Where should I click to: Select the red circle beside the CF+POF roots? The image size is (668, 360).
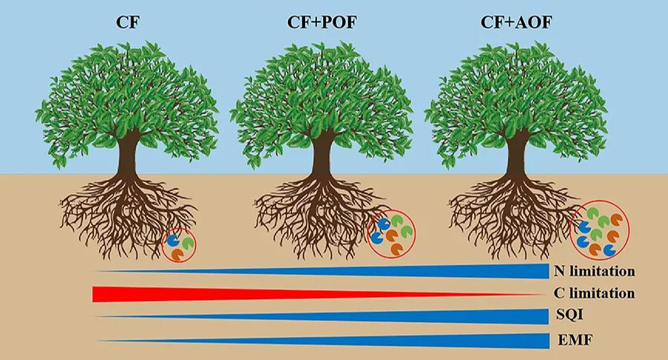[392, 235]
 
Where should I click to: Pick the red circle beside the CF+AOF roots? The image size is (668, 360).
[600, 230]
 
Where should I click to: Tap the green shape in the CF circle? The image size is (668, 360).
[187, 243]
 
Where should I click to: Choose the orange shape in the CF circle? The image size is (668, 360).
[178, 254]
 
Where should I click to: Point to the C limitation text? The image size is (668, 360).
[594, 293]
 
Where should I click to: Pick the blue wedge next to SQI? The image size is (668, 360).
[445, 317]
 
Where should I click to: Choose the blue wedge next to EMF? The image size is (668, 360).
[445, 341]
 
